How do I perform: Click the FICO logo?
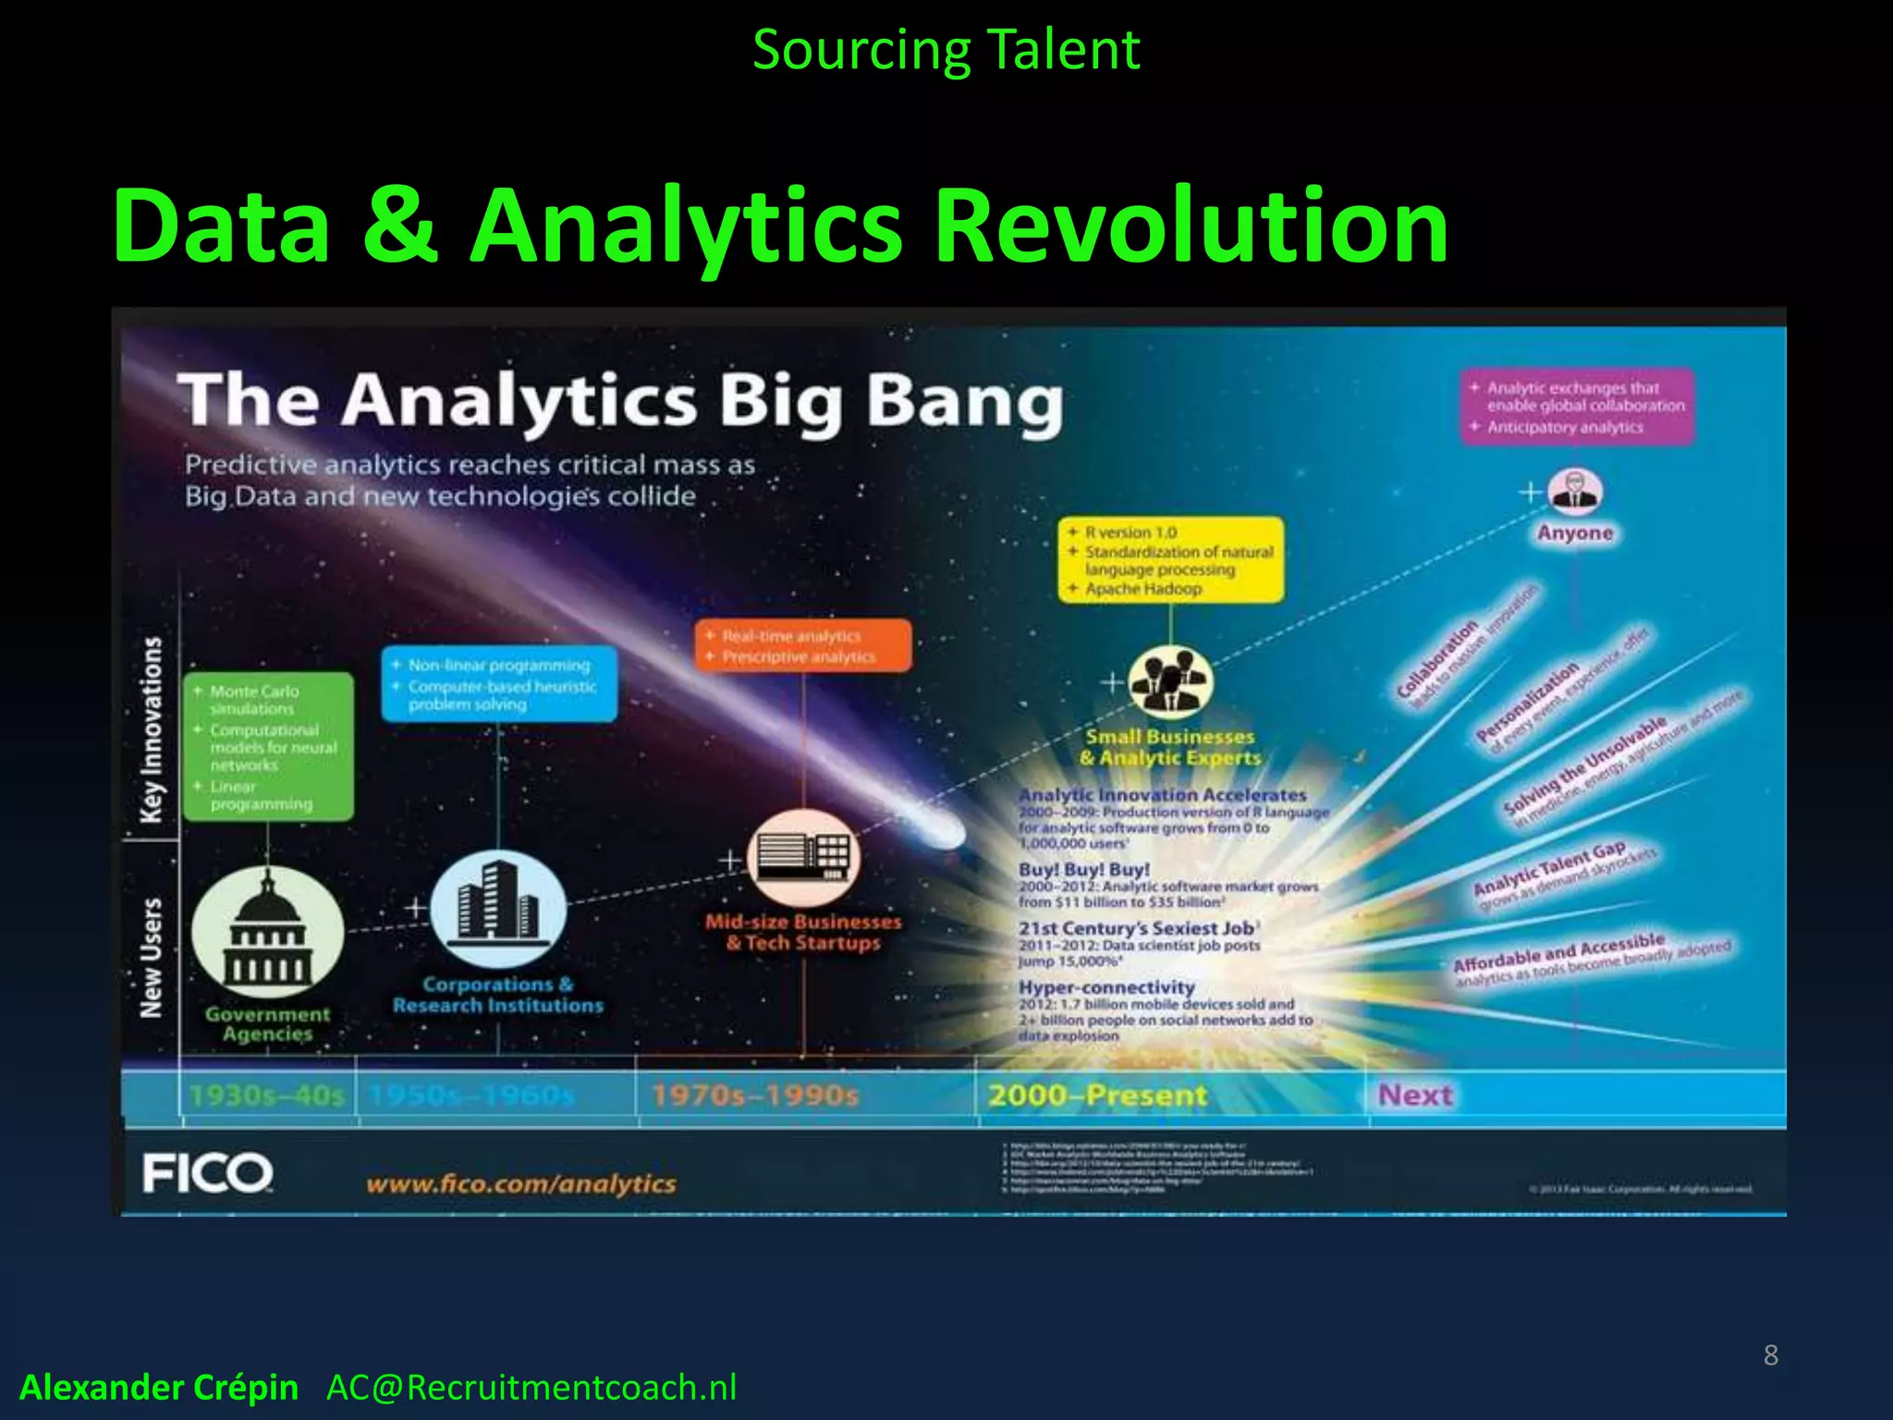click(207, 1173)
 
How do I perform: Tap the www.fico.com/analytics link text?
click(520, 1184)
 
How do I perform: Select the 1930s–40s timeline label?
click(266, 1096)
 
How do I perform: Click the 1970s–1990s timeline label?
click(754, 1096)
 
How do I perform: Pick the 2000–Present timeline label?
click(1097, 1096)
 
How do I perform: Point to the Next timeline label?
click(1415, 1096)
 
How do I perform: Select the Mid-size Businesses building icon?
click(803, 858)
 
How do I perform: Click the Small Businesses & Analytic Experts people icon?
click(1170, 682)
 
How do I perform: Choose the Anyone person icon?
click(1575, 492)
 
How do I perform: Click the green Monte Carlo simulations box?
click(268, 747)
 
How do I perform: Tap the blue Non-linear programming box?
click(499, 684)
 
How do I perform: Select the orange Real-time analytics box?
click(802, 645)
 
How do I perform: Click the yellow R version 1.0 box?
click(1170, 560)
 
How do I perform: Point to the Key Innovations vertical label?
click(151, 730)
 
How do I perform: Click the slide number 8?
click(1770, 1355)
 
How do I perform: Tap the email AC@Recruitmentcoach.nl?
click(531, 1388)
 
